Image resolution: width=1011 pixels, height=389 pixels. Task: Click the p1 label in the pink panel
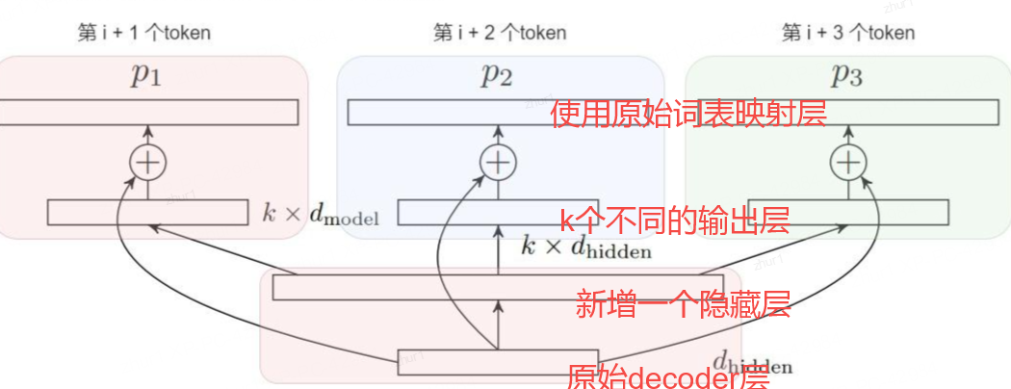click(146, 77)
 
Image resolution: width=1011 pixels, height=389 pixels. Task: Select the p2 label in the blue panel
click(497, 77)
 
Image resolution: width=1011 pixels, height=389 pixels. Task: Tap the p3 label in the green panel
click(846, 77)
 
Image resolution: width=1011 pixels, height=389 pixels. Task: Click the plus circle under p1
click(147, 164)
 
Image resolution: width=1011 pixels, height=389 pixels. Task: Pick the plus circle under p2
click(497, 164)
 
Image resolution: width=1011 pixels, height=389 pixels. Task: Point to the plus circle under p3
click(847, 164)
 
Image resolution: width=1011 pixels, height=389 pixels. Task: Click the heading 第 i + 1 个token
click(143, 33)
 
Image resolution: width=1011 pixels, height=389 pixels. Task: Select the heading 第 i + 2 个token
click(500, 33)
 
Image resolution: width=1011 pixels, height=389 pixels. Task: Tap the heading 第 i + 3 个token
click(848, 33)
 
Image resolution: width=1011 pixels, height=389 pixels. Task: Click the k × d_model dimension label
click(321, 214)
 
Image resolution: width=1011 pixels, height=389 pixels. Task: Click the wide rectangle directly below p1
click(147, 112)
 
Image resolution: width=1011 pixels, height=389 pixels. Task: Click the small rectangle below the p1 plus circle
click(147, 212)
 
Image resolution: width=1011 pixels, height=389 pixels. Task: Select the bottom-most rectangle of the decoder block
click(498, 361)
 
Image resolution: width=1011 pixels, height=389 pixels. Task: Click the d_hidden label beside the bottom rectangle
click(752, 363)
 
